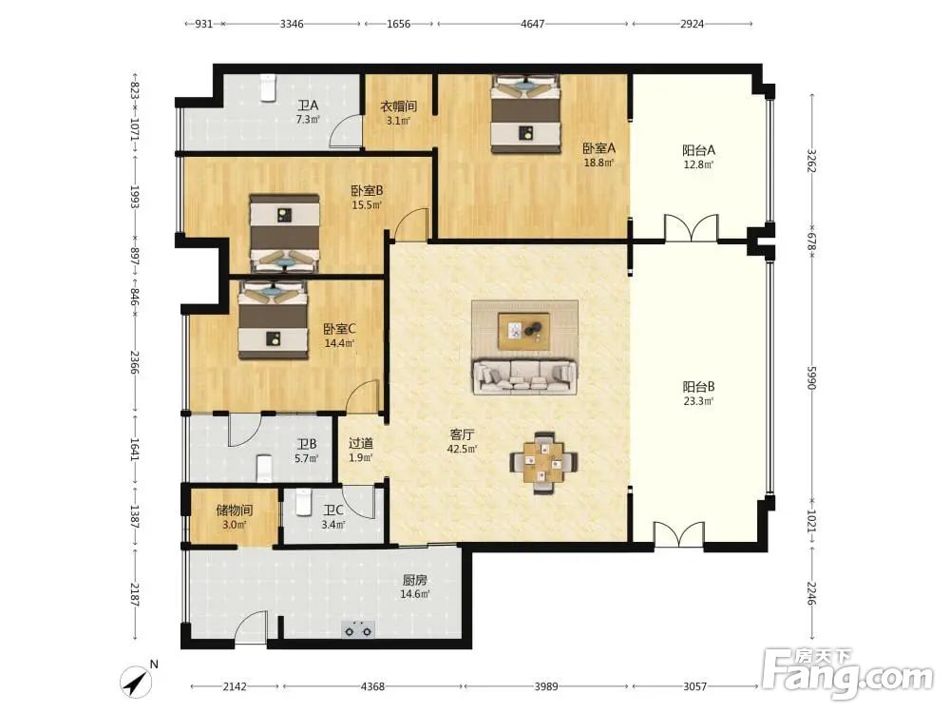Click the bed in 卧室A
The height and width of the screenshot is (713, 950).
(x=525, y=114)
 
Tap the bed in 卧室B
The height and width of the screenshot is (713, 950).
(x=285, y=233)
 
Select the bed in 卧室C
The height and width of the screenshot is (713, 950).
(x=274, y=319)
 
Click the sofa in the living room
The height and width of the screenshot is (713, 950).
(x=524, y=376)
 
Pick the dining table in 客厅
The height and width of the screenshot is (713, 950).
(x=543, y=463)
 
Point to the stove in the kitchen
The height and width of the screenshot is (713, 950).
(x=357, y=630)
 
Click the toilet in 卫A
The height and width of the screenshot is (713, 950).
(x=268, y=87)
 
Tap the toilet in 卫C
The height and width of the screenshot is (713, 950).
(x=302, y=502)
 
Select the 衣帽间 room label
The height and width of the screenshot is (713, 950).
(x=398, y=106)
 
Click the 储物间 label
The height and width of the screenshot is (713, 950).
(x=234, y=511)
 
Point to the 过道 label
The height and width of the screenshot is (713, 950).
(x=360, y=443)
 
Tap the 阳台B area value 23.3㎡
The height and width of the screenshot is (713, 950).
(x=698, y=401)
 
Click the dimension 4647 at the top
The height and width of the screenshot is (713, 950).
(x=533, y=24)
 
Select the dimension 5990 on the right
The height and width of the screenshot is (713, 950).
(x=812, y=378)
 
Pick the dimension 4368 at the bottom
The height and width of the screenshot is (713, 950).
(x=372, y=686)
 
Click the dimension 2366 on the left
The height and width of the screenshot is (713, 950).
(x=135, y=362)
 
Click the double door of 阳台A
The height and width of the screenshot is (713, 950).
(x=692, y=228)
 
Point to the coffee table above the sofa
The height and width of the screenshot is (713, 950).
(x=524, y=331)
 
